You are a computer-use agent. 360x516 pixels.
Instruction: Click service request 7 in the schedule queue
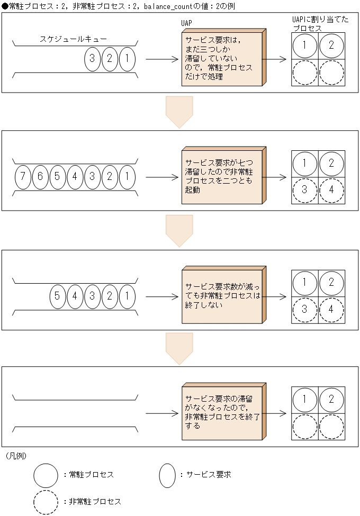pyautogui.click(x=22, y=176)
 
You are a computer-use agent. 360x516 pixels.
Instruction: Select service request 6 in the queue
pyautogui.click(x=40, y=176)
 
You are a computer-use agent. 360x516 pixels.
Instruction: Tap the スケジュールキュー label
pyautogui.click(x=73, y=39)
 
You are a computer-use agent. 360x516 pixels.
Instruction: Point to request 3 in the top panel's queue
pyautogui.click(x=92, y=59)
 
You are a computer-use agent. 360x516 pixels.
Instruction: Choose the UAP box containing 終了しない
pyautogui.click(x=222, y=295)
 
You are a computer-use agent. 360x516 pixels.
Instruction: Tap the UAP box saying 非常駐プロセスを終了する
pyautogui.click(x=222, y=412)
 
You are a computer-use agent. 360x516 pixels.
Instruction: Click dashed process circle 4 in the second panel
pyautogui.click(x=331, y=191)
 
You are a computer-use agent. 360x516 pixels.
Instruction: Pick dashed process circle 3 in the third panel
pyautogui.click(x=305, y=310)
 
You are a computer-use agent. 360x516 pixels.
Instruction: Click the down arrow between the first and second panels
pyautogui.click(x=179, y=112)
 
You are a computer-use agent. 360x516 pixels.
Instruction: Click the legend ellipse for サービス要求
pyautogui.click(x=167, y=475)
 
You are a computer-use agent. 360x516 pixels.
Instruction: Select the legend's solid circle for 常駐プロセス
pyautogui.click(x=46, y=475)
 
